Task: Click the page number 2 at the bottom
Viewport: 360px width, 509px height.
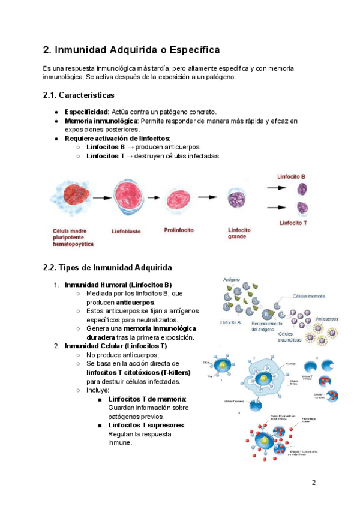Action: [313, 483]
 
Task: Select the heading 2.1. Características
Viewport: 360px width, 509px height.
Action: [79, 95]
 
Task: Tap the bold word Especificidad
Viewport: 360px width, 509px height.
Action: [85, 112]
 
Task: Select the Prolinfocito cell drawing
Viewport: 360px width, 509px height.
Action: [181, 199]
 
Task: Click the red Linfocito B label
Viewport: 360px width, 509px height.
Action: [292, 177]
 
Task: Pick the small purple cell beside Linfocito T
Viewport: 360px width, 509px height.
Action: [302, 208]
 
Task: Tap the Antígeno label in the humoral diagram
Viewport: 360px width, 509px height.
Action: [232, 280]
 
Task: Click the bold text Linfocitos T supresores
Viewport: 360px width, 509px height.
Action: [146, 425]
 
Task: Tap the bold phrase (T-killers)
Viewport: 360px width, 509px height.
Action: [169, 372]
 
